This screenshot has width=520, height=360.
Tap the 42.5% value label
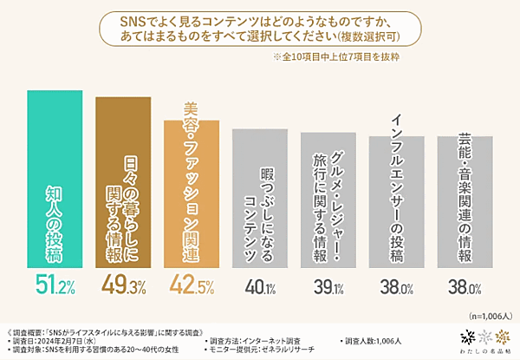point(193,285)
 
